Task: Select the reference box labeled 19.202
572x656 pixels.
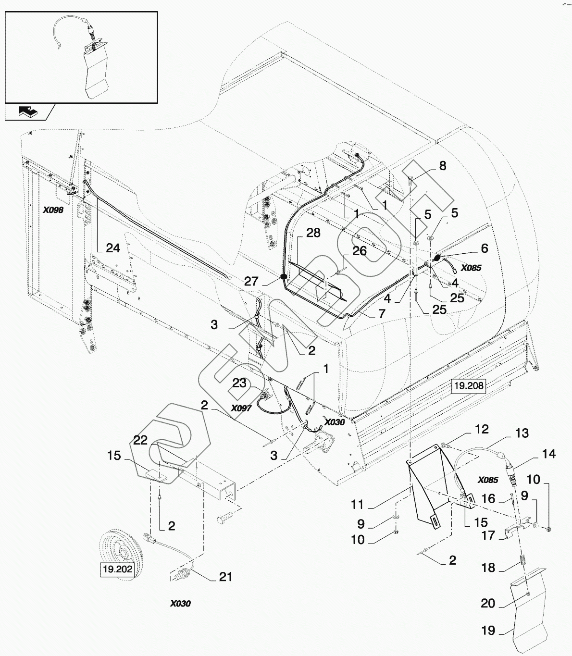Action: [x=117, y=570]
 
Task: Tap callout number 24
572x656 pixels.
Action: [x=113, y=248]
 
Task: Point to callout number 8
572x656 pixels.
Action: [x=442, y=166]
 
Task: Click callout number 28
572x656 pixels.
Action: [x=313, y=233]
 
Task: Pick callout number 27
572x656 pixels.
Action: [x=251, y=282]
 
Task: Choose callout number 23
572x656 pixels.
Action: [x=239, y=383]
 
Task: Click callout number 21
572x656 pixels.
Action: [x=226, y=576]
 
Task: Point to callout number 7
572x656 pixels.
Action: [x=382, y=314]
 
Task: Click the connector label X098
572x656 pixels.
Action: [x=53, y=210]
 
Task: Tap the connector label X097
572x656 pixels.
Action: [x=241, y=408]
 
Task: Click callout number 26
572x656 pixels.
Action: [x=359, y=251]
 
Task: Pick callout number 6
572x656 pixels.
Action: [x=484, y=248]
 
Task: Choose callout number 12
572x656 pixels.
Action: [x=482, y=429]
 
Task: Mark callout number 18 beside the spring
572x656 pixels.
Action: [x=488, y=568]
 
